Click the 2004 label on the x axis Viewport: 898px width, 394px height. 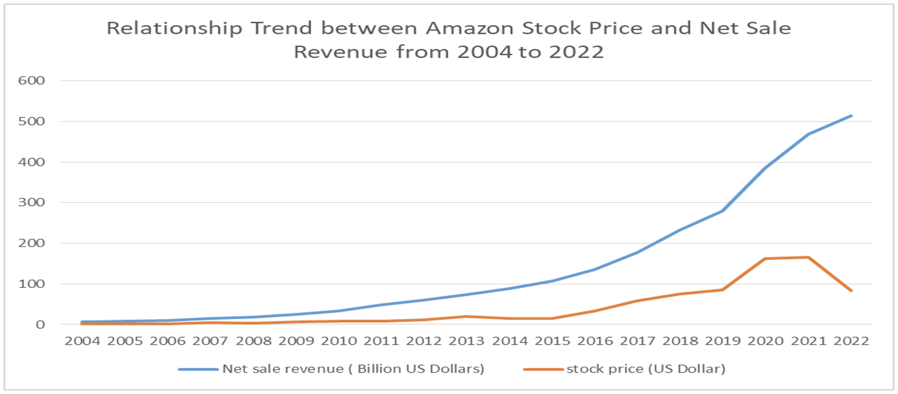pyautogui.click(x=81, y=341)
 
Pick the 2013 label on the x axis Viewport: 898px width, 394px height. pyautogui.click(x=466, y=341)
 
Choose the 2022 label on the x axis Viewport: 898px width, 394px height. pyautogui.click(x=851, y=341)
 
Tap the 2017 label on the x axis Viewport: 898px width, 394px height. pyautogui.click(x=637, y=341)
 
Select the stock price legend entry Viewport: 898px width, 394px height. pyautogui.click(x=646, y=369)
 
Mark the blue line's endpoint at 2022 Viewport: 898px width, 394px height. pyautogui.click(x=851, y=116)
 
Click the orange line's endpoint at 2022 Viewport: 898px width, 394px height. pyautogui.click(x=851, y=291)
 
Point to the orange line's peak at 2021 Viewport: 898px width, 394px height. pyautogui.click(x=808, y=257)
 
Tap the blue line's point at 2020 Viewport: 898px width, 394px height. pyautogui.click(x=766, y=168)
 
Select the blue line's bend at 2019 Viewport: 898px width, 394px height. pyautogui.click(x=723, y=210)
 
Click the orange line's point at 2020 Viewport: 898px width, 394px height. pyautogui.click(x=766, y=259)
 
